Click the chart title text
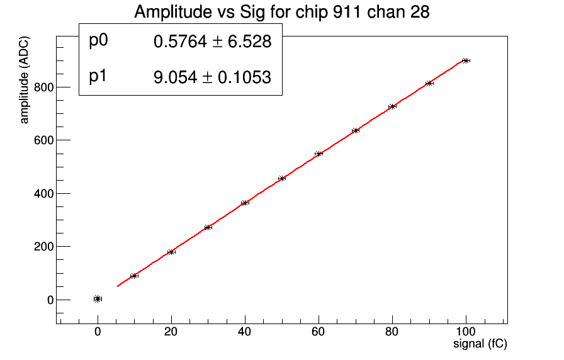(281, 12)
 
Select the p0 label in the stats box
(99, 41)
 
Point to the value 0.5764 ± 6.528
(212, 42)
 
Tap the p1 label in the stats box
(98, 76)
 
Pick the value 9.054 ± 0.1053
(212, 77)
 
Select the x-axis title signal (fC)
(480, 344)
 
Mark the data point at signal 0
(98, 299)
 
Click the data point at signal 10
(134, 276)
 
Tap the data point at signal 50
(282, 178)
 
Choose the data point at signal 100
(466, 60)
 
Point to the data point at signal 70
(356, 130)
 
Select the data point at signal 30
(208, 227)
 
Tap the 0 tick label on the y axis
(49, 300)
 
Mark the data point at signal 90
(429, 83)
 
